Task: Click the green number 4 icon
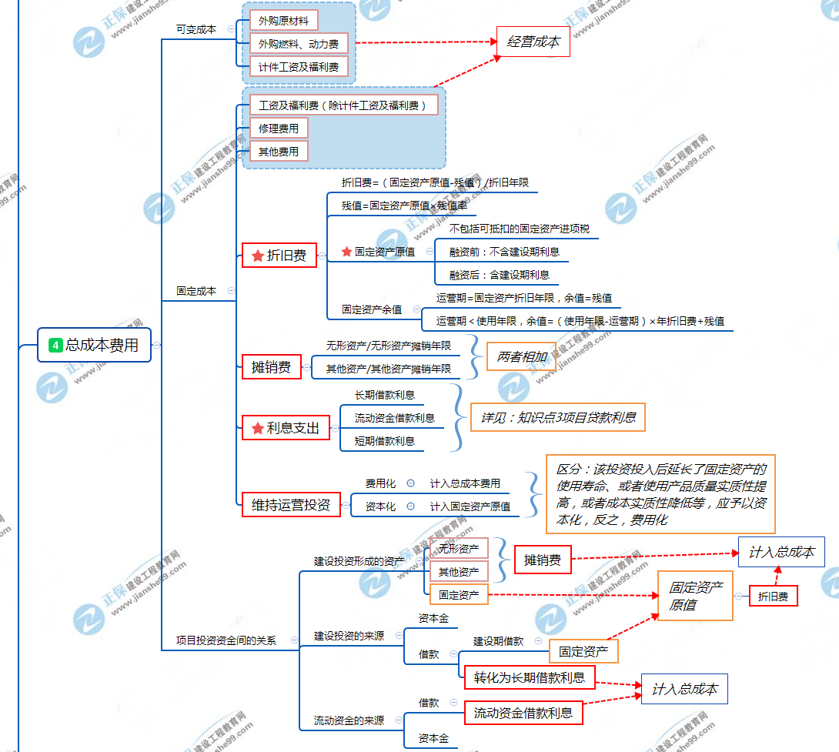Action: (x=55, y=345)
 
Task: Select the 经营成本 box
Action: (x=533, y=42)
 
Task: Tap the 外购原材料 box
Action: (x=283, y=21)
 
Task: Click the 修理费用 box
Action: (x=278, y=128)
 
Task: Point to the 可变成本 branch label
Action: (x=196, y=29)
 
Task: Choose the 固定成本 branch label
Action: (x=196, y=291)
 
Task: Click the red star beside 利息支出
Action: (x=257, y=428)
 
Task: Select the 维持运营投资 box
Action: (x=290, y=505)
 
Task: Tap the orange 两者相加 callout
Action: (x=521, y=356)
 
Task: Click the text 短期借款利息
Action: (x=384, y=441)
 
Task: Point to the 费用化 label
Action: (x=380, y=483)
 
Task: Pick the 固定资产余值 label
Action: (x=372, y=309)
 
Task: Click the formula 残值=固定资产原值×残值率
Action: (x=404, y=206)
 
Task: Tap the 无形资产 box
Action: (x=459, y=549)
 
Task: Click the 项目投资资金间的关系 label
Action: (x=226, y=640)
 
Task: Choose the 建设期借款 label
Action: (x=498, y=641)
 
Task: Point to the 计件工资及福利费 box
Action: (x=299, y=67)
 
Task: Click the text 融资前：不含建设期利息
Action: (x=504, y=252)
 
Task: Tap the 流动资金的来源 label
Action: (x=349, y=720)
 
